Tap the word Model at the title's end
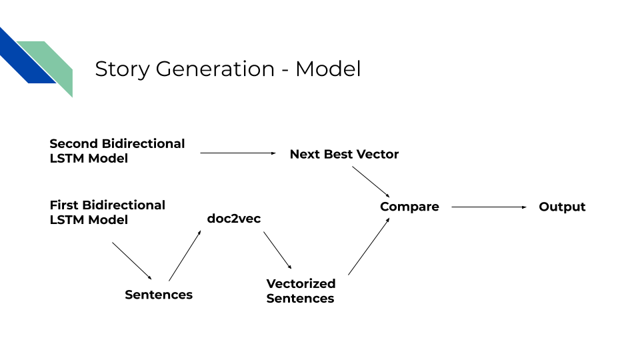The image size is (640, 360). pyautogui.click(x=328, y=69)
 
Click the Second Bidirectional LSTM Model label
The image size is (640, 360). pyautogui.click(x=117, y=151)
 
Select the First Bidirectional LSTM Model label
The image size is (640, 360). pyautogui.click(x=107, y=212)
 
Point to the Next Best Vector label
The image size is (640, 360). pyautogui.click(x=344, y=154)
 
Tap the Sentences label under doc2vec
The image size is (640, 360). pyautogui.click(x=159, y=295)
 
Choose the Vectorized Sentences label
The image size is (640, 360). pyautogui.click(x=301, y=291)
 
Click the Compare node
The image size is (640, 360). pyautogui.click(x=409, y=207)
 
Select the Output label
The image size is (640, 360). pyautogui.click(x=562, y=207)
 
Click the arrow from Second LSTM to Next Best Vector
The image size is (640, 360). pyautogui.click(x=238, y=153)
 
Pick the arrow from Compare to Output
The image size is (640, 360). pyautogui.click(x=489, y=207)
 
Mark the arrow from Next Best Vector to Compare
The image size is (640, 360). pyautogui.click(x=371, y=180)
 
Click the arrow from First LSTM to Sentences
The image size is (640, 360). pyautogui.click(x=132, y=261)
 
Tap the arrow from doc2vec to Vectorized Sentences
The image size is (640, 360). pyautogui.click(x=277, y=250)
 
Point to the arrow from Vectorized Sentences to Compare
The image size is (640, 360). pyautogui.click(x=369, y=246)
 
